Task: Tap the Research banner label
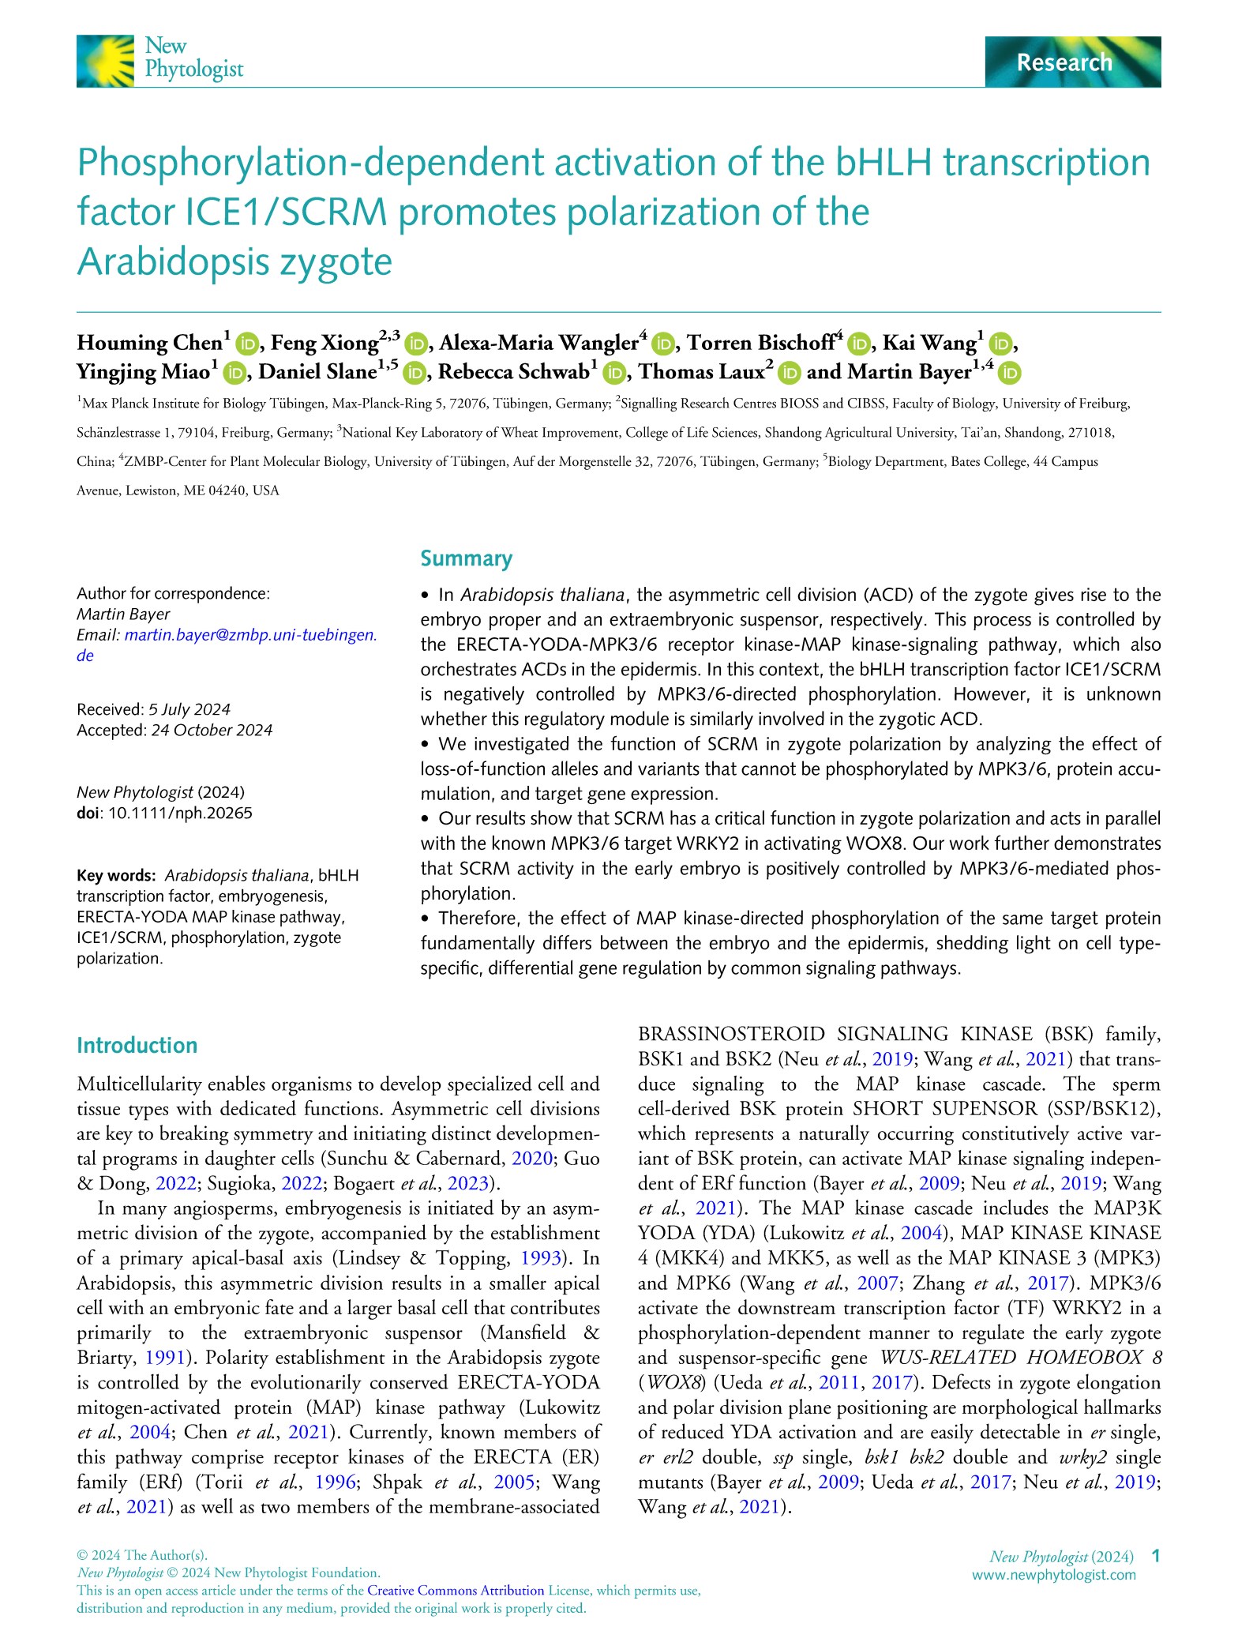click(x=1064, y=62)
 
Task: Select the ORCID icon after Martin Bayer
click(x=1010, y=372)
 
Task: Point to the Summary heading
click(x=466, y=559)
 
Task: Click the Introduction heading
click(x=137, y=1046)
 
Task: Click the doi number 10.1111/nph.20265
click(x=180, y=813)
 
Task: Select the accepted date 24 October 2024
click(x=211, y=730)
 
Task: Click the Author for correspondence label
click(x=173, y=594)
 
